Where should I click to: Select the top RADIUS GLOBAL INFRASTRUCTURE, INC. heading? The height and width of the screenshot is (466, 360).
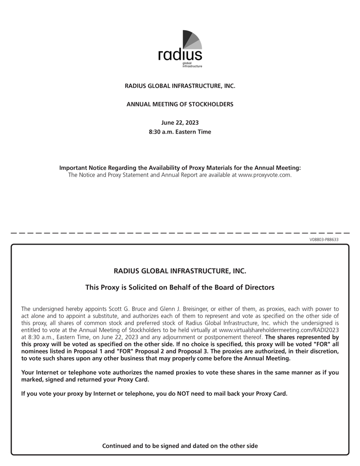point(180,86)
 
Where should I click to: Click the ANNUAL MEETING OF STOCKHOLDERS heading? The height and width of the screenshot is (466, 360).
point(180,104)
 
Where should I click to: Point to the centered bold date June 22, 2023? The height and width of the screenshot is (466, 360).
point(180,123)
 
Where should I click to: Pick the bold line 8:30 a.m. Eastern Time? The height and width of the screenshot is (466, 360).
point(180,132)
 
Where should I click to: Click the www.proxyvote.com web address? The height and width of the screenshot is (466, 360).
point(264,175)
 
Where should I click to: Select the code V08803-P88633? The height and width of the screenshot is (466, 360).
point(324,239)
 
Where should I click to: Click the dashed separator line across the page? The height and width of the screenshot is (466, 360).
point(180,233)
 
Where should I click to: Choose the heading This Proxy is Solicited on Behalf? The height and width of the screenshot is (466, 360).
point(180,287)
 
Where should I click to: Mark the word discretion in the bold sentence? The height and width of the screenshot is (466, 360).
point(319,351)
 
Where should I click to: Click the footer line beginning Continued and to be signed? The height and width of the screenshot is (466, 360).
point(180,446)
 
